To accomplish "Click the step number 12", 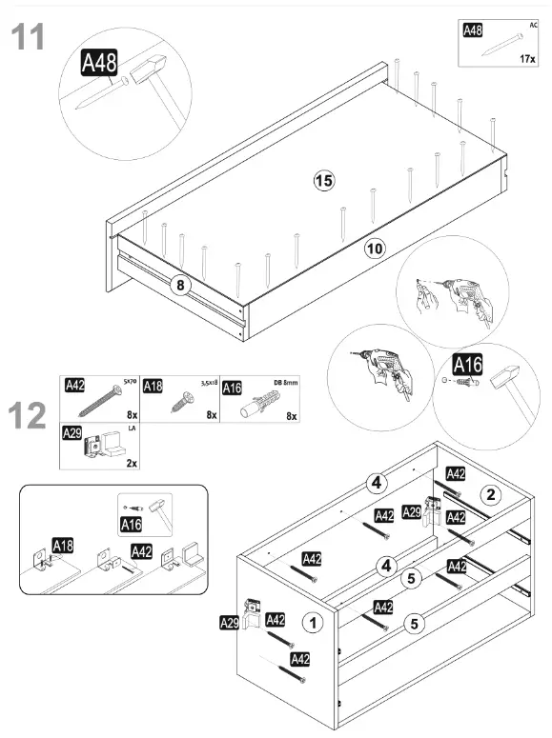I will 28,416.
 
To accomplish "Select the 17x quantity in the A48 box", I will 528,58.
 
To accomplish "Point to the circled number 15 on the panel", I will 323,180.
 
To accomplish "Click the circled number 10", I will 375,249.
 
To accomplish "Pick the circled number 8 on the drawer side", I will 177,283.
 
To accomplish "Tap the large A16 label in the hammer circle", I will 468,364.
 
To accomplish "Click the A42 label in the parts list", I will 74,386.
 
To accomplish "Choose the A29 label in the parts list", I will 72,433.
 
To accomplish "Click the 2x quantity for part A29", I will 131,463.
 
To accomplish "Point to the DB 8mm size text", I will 285,382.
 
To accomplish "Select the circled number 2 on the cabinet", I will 491,494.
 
